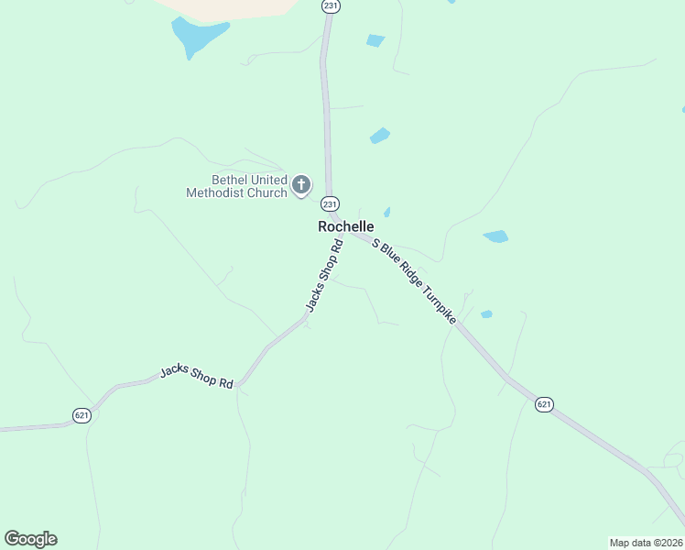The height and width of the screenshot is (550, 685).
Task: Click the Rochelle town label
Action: click(x=345, y=226)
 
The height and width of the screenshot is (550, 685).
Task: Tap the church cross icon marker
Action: click(x=301, y=186)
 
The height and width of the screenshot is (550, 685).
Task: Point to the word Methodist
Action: click(x=219, y=193)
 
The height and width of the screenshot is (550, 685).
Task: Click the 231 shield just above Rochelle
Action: click(x=331, y=203)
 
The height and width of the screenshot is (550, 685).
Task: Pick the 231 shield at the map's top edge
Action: click(x=331, y=5)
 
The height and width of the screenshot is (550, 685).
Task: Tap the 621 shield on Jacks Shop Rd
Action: click(x=82, y=416)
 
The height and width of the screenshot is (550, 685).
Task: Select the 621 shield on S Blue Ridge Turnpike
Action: click(x=544, y=404)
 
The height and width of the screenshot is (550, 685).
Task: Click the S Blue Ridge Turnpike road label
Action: click(x=414, y=280)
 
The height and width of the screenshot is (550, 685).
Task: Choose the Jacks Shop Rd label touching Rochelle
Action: click(x=323, y=276)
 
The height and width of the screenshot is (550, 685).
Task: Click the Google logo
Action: click(x=30, y=539)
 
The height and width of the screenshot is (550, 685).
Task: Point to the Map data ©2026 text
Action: click(x=646, y=542)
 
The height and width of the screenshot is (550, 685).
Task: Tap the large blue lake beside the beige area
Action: click(x=195, y=35)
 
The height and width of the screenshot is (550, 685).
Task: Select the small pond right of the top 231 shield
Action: click(x=375, y=40)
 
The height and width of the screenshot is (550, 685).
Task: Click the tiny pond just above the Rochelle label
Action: click(x=387, y=213)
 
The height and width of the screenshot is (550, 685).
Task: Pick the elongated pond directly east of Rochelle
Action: click(x=495, y=236)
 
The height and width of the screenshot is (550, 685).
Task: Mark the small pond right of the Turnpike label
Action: click(x=486, y=314)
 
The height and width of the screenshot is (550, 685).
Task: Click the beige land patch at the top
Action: click(x=229, y=7)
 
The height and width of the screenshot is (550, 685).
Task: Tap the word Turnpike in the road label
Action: click(x=439, y=302)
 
